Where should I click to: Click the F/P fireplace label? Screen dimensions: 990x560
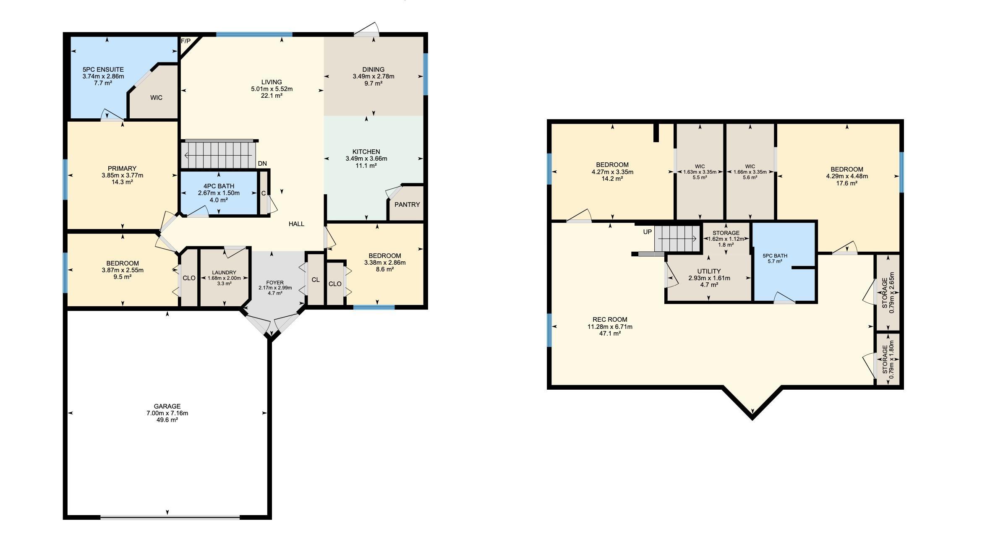click(x=185, y=41)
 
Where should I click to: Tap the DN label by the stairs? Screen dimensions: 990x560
click(x=262, y=164)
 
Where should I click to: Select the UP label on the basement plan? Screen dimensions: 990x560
click(x=648, y=232)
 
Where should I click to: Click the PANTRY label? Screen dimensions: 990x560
click(x=407, y=205)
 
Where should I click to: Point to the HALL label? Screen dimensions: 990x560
click(x=296, y=224)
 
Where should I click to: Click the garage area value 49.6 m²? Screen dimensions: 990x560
click(x=167, y=420)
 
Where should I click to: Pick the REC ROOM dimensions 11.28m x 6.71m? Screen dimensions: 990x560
click(x=610, y=327)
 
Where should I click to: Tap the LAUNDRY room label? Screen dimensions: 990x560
click(x=224, y=273)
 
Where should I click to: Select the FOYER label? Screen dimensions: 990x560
click(x=275, y=283)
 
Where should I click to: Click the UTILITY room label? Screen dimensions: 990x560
click(x=709, y=271)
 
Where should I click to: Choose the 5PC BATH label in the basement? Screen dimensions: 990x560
click(x=775, y=256)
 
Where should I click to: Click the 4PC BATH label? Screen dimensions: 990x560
click(x=219, y=186)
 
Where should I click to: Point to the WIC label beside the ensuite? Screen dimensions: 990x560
click(x=156, y=98)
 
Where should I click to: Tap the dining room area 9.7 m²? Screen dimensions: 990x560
click(x=374, y=83)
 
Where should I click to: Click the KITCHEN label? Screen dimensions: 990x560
click(x=366, y=152)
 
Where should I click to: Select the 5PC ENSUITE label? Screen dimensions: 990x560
click(x=103, y=70)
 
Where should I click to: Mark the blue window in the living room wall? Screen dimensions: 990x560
click(x=254, y=34)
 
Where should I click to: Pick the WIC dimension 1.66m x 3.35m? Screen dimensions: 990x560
click(x=750, y=172)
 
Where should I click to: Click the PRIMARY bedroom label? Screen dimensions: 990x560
click(x=122, y=169)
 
